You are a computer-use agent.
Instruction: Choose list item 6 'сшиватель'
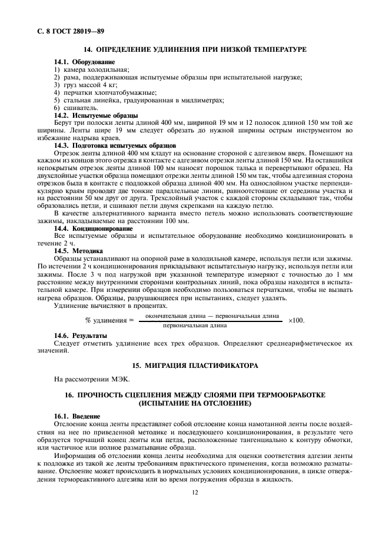click(76, 108)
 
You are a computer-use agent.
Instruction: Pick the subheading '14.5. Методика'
click(79, 251)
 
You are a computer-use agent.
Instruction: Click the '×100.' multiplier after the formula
click(296, 320)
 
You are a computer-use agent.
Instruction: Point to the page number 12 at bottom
click(194, 495)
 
